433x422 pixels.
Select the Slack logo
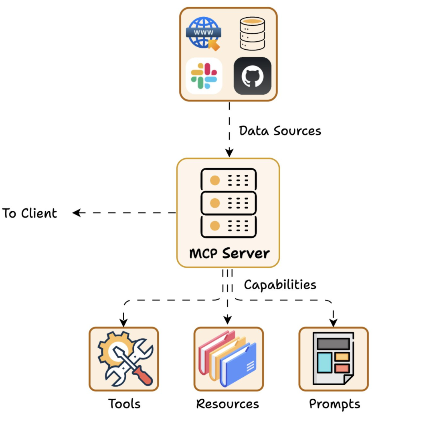(204, 76)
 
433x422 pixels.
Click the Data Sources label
(280, 131)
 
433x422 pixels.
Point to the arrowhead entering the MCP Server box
(229, 153)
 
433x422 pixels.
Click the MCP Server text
(229, 253)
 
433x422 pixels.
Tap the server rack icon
(228, 202)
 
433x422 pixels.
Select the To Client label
(30, 213)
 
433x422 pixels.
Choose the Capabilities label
(280, 285)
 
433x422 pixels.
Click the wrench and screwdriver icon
(124, 359)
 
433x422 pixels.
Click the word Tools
(124, 403)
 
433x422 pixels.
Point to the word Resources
(227, 403)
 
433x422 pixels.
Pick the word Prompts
(334, 404)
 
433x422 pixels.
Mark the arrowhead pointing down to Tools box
(124, 322)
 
